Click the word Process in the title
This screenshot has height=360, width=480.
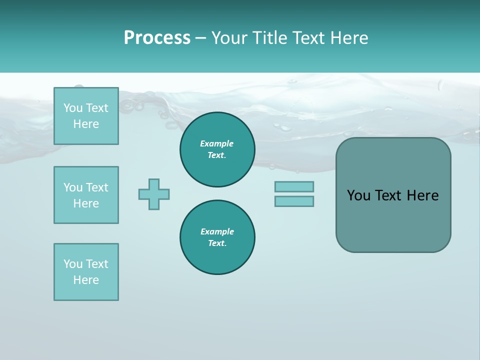point(157,38)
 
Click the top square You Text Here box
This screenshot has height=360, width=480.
point(86,116)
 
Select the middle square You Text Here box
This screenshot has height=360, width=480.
point(86,195)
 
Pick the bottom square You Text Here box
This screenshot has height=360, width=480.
point(86,272)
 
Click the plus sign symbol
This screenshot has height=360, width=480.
point(154,194)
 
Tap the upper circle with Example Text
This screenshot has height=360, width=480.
point(217,149)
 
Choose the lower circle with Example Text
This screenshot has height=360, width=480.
point(217,237)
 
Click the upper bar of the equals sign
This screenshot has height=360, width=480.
point(294,186)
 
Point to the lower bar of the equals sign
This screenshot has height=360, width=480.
point(294,201)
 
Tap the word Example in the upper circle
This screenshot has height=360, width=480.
point(217,143)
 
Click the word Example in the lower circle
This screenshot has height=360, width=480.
point(217,231)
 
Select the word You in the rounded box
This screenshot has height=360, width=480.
point(358,195)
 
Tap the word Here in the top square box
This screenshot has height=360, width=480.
point(86,124)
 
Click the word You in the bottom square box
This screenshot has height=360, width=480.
point(73,264)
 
